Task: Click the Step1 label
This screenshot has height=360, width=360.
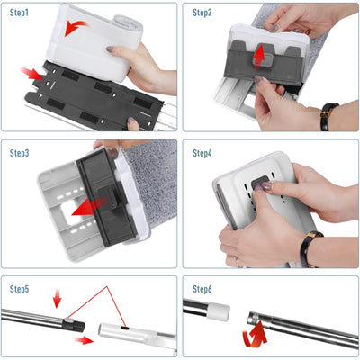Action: [x=21, y=13]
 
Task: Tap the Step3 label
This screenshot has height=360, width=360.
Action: [x=21, y=153]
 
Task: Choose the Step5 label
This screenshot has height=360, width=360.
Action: [x=21, y=290]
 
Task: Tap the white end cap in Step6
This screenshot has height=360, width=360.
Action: [x=219, y=312]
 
